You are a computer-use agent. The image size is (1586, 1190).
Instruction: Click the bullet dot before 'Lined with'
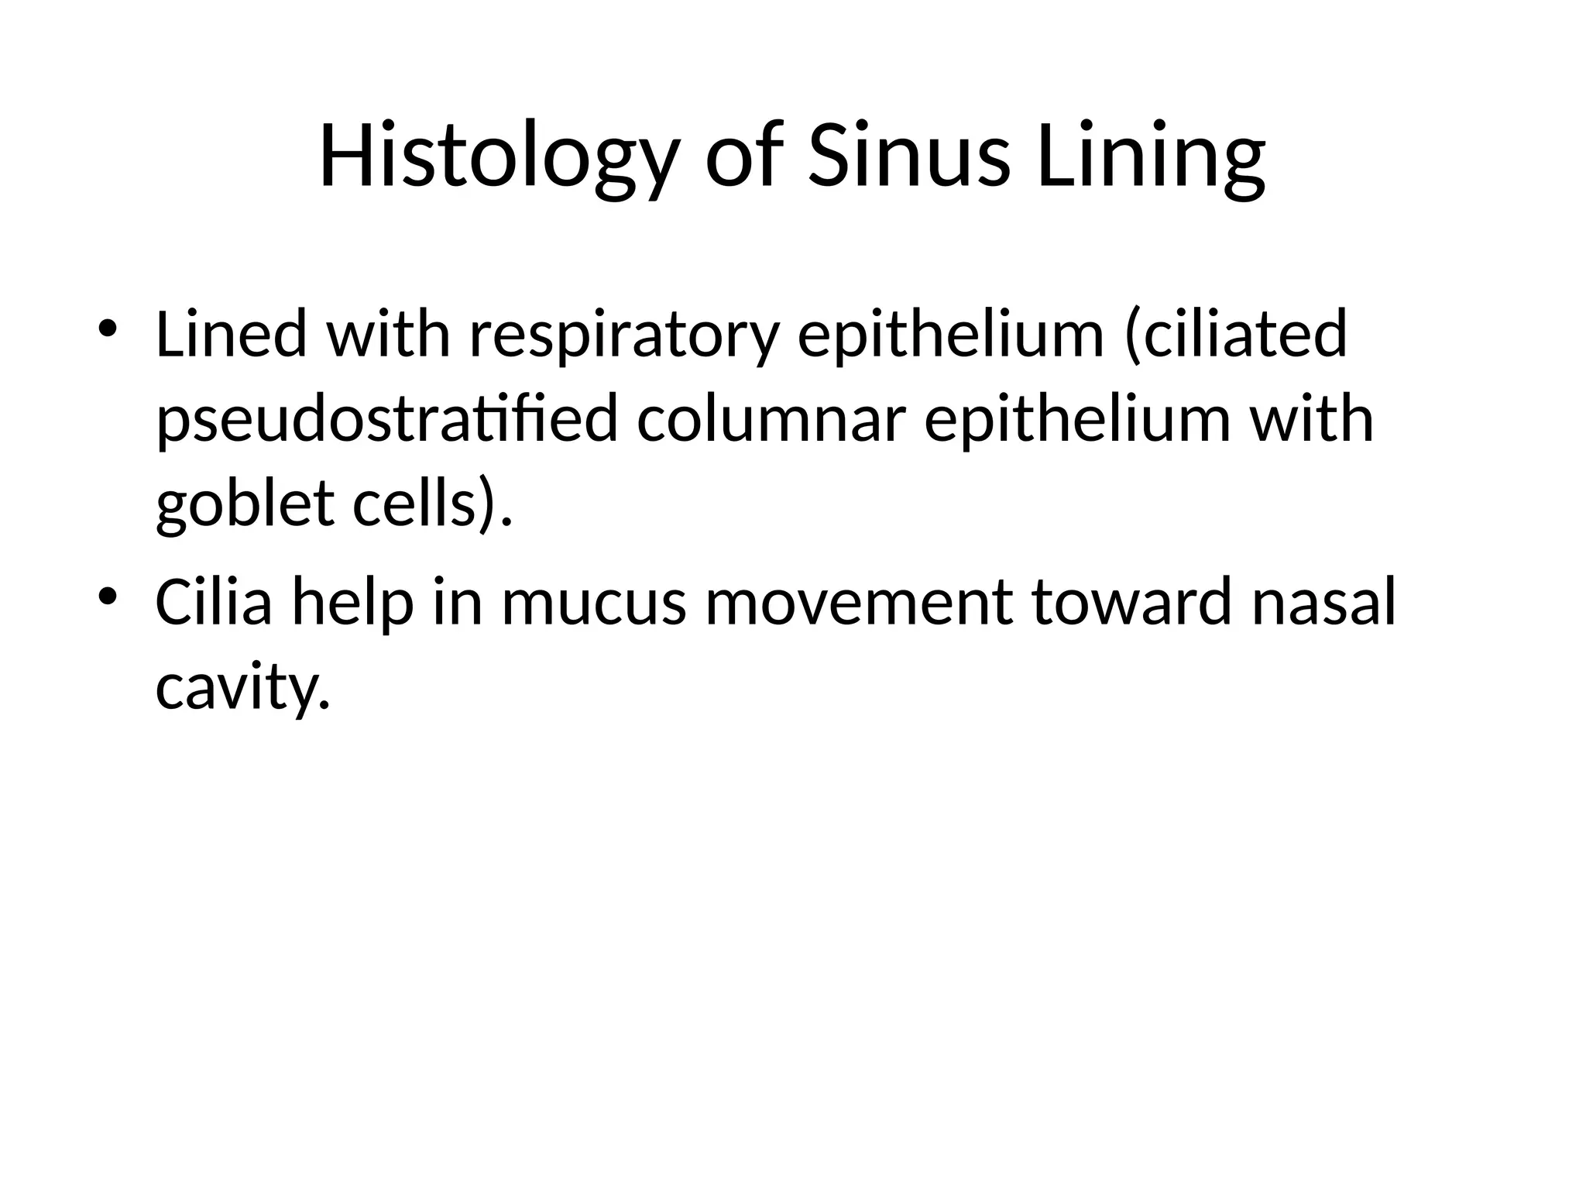tap(108, 326)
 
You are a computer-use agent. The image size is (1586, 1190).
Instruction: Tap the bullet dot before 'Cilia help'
tap(108, 596)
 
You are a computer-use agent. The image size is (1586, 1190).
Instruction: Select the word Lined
tap(232, 335)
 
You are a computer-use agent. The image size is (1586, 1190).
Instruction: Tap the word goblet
tap(245, 505)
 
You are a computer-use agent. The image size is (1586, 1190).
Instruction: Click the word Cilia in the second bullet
tap(214, 602)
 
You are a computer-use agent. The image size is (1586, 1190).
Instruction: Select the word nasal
tap(1323, 602)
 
